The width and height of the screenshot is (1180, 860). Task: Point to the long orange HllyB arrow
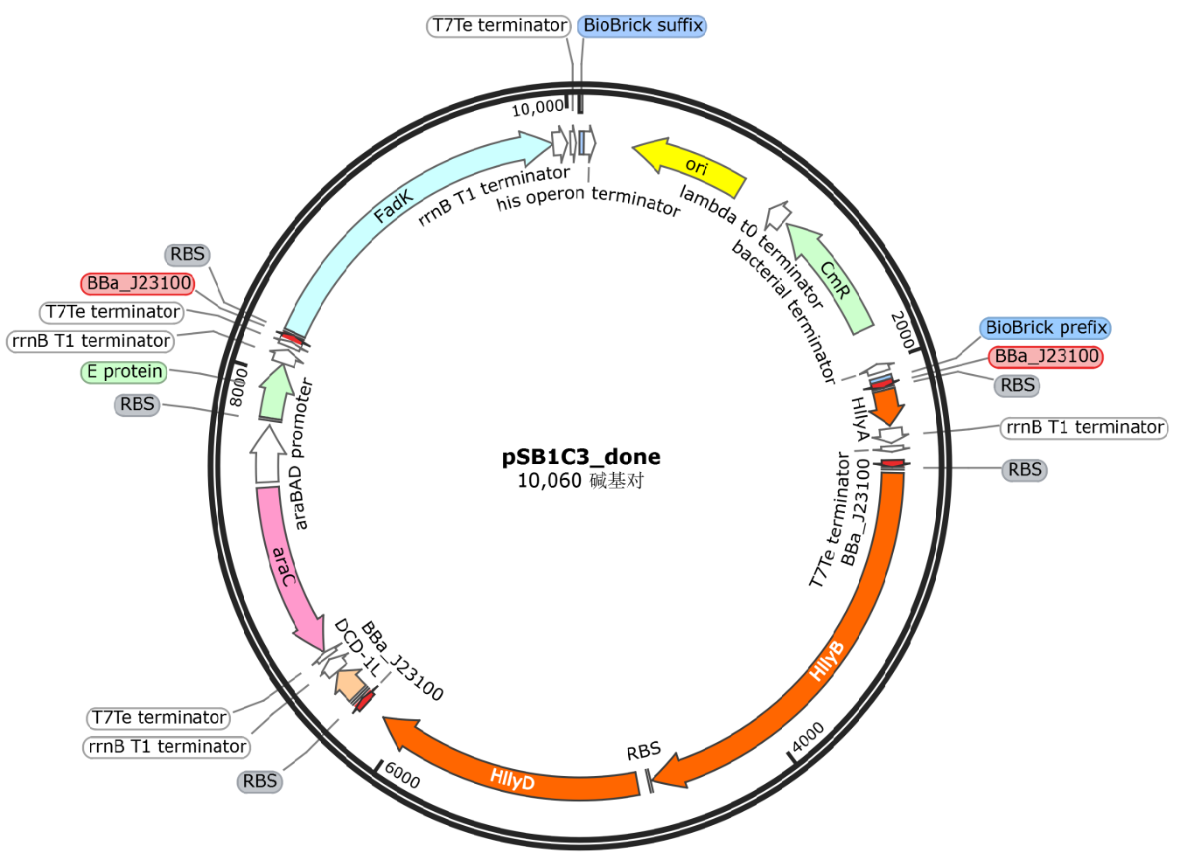(840, 647)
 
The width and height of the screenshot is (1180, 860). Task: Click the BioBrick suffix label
(642, 25)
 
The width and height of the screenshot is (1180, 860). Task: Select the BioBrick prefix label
(1046, 328)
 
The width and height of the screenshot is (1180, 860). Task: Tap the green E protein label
(124, 371)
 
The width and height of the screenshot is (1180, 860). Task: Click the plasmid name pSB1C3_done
(581, 456)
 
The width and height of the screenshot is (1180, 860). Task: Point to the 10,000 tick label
(537, 107)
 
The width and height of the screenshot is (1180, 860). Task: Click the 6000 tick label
(403, 774)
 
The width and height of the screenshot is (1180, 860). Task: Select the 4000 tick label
(807, 737)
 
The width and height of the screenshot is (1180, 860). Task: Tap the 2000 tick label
(904, 329)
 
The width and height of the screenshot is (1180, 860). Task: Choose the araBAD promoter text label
(299, 454)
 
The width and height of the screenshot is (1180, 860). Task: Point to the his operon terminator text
(588, 198)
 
